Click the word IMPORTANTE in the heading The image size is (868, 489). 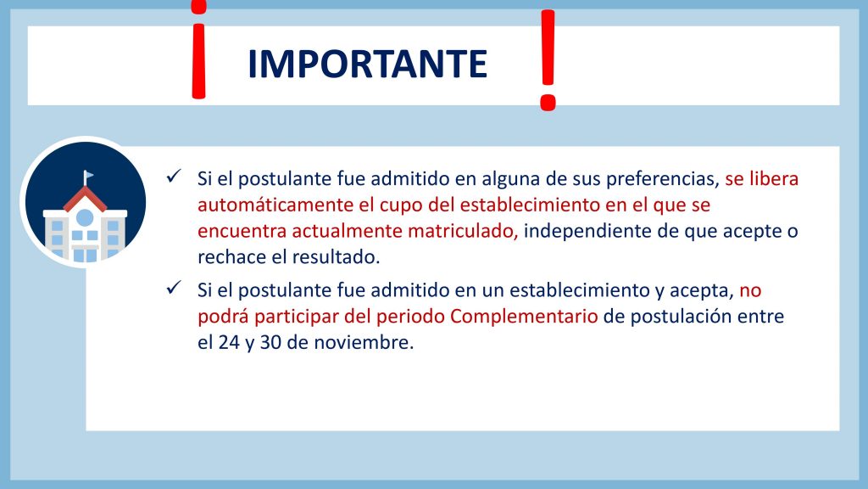[x=367, y=64]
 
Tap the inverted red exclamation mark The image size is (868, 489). [x=198, y=50]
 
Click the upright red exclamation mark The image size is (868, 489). [x=548, y=60]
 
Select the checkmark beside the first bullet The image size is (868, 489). [x=174, y=177]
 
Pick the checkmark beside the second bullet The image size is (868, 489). [x=174, y=288]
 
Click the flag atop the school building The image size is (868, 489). [x=88, y=176]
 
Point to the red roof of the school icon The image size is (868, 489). [x=85, y=199]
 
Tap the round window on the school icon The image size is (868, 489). [x=85, y=218]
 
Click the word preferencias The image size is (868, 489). [x=663, y=179]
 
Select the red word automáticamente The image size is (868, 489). [x=275, y=205]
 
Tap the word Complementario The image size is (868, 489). [x=524, y=317]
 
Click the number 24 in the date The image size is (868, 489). [x=229, y=343]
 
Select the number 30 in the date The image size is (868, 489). [x=270, y=343]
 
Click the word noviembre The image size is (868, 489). [x=364, y=343]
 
